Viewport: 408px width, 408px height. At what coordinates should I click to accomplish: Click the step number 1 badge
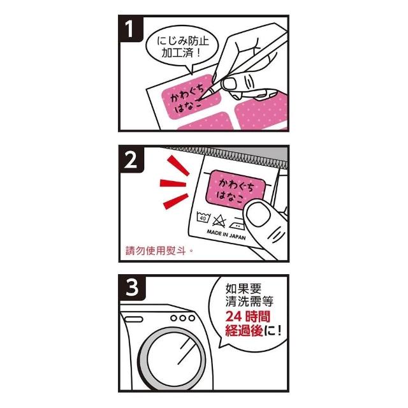click(x=131, y=28)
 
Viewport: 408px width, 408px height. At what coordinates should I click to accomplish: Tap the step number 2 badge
click(x=131, y=159)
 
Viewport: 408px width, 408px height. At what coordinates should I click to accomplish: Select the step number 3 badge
click(x=132, y=288)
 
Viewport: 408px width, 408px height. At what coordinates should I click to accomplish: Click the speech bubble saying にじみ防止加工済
click(x=182, y=48)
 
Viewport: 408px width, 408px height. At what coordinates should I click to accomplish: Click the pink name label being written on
click(x=191, y=97)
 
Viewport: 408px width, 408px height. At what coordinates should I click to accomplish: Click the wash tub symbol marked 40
click(x=203, y=217)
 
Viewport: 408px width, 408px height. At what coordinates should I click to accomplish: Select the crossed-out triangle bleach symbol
click(x=219, y=221)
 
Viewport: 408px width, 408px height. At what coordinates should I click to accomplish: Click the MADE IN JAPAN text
click(x=226, y=235)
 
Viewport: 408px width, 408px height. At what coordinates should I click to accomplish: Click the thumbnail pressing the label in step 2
click(x=258, y=215)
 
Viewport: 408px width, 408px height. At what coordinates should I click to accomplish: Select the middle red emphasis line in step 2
click(x=173, y=183)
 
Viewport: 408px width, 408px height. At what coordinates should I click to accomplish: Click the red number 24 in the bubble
click(x=234, y=317)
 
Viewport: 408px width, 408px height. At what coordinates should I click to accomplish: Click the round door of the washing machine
click(x=171, y=359)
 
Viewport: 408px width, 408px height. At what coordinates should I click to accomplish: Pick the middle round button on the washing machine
click(x=183, y=318)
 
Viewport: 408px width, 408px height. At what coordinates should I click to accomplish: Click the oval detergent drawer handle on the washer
click(x=133, y=319)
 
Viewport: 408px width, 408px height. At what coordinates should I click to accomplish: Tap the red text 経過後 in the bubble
click(x=244, y=331)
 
